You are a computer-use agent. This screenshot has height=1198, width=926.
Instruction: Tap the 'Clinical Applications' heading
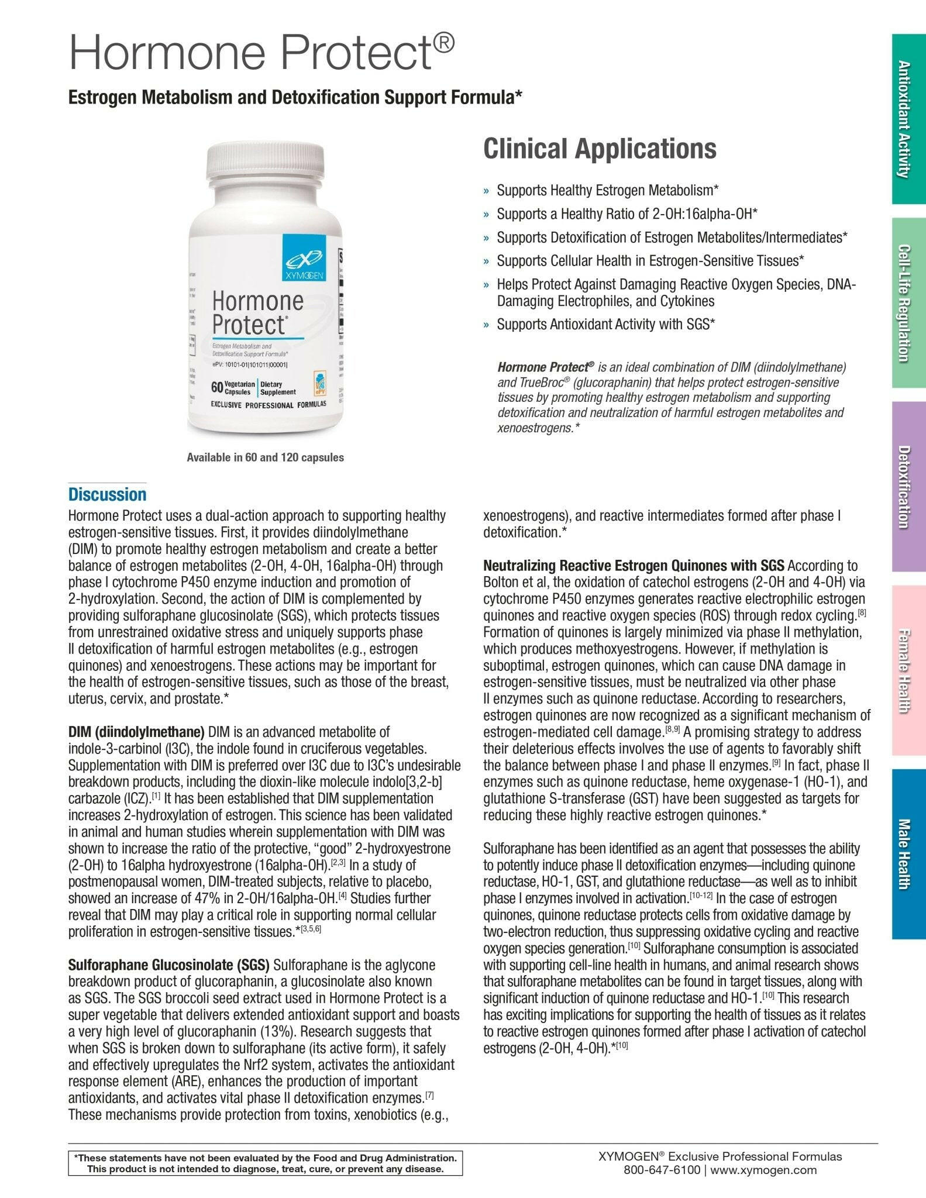coord(599,149)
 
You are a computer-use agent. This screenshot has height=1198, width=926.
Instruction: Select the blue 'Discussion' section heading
coord(107,494)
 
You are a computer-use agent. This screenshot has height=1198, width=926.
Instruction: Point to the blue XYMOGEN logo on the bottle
coord(304,257)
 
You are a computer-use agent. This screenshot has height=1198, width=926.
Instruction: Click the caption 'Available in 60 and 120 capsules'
coord(265,457)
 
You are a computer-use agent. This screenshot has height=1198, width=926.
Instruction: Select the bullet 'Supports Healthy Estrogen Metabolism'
coord(607,190)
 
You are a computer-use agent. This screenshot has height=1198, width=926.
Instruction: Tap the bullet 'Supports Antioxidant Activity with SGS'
coord(606,324)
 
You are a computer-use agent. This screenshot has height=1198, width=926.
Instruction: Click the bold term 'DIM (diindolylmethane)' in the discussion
coord(136,732)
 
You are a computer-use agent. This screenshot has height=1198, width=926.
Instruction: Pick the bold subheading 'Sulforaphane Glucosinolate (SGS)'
coord(169,965)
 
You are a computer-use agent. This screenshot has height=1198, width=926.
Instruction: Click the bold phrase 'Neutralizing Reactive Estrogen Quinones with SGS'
coord(634,566)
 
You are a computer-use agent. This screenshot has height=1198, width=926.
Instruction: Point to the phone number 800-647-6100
coord(662,1170)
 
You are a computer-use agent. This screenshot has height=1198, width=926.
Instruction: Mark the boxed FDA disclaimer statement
coord(265,1163)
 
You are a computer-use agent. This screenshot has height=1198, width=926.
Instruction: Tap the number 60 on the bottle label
coord(217,387)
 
